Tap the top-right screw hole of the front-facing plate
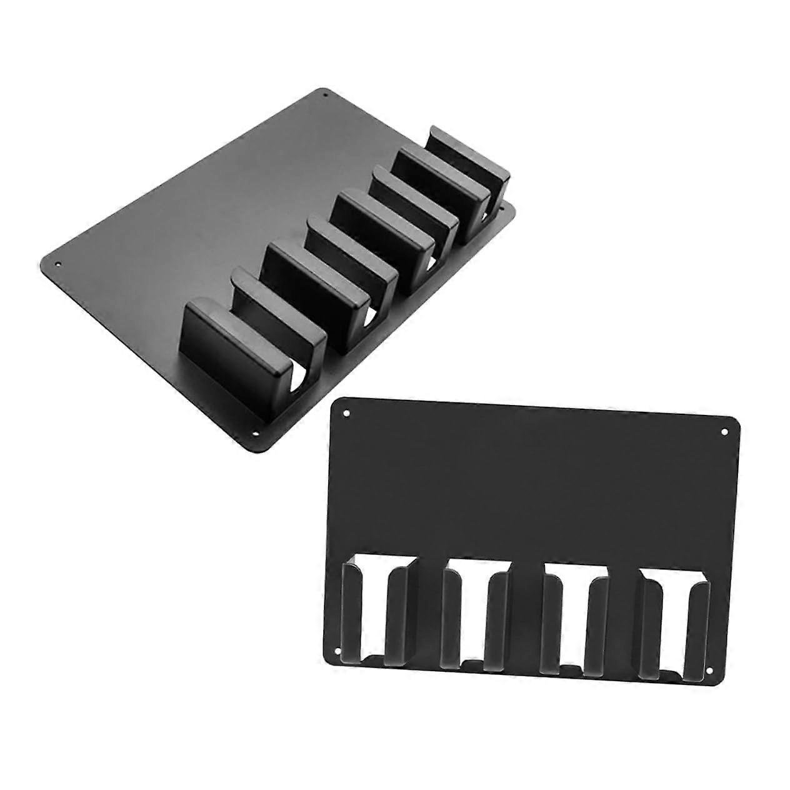click(x=724, y=431)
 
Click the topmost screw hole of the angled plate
click(x=325, y=96)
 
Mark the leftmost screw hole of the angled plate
click(x=59, y=264)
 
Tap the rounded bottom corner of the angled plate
click(x=261, y=447)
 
